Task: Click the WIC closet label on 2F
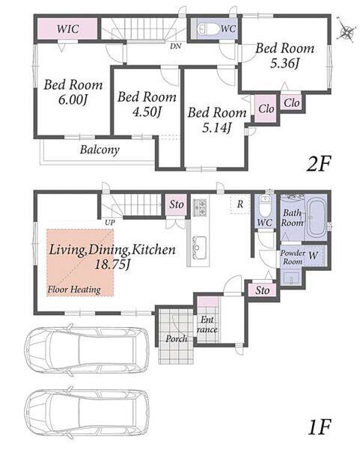(x=67, y=29)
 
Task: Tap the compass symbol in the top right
(x=346, y=31)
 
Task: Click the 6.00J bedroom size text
(x=73, y=100)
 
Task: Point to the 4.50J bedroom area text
(x=146, y=112)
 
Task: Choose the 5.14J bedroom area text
(x=216, y=127)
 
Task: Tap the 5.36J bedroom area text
(x=284, y=64)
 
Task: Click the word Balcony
(x=100, y=150)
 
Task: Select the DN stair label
(x=176, y=46)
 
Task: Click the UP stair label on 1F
(x=110, y=222)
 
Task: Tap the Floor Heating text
(x=74, y=290)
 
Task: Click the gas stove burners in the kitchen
(x=200, y=207)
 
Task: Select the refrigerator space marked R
(x=240, y=204)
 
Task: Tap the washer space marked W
(x=313, y=255)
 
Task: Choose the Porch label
(x=176, y=339)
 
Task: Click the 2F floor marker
(x=319, y=163)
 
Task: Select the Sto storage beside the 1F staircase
(x=177, y=204)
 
